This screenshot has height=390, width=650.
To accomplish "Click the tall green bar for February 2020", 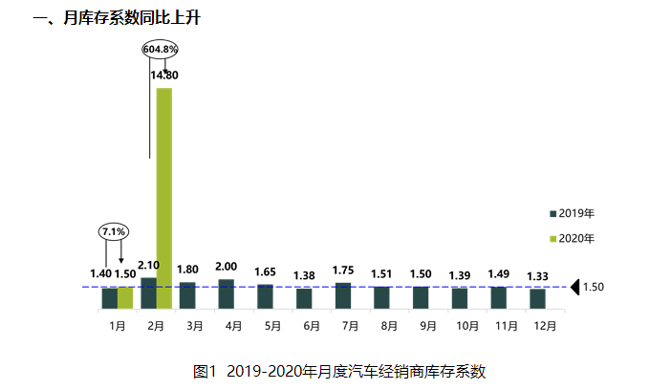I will pyautogui.click(x=164, y=198).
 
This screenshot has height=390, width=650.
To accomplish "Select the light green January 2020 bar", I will pyautogui.click(x=125, y=297).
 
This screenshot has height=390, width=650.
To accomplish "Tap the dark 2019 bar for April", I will pyautogui.click(x=227, y=293).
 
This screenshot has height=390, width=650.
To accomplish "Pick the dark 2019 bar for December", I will pyautogui.click(x=537, y=298).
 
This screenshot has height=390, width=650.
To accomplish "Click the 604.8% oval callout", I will pyautogui.click(x=161, y=48).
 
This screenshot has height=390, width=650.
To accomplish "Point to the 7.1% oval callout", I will pyautogui.click(x=114, y=231).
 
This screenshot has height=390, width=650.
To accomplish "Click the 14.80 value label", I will pyautogui.click(x=164, y=75).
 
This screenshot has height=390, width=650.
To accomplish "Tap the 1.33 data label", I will pyautogui.click(x=537, y=276).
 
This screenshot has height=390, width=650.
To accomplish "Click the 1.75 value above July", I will pyautogui.click(x=343, y=271).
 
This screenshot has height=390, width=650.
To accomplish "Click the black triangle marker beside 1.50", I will pyautogui.click(x=575, y=287).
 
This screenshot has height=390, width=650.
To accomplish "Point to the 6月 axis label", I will pyautogui.click(x=311, y=326).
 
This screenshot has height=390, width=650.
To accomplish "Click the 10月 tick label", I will pyautogui.click(x=466, y=326).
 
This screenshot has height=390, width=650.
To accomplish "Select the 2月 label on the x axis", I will pyautogui.click(x=156, y=326).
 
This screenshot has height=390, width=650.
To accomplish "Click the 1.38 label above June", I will pyautogui.click(x=304, y=276).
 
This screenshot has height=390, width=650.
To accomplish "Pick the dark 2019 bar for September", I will pyautogui.click(x=421, y=297).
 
